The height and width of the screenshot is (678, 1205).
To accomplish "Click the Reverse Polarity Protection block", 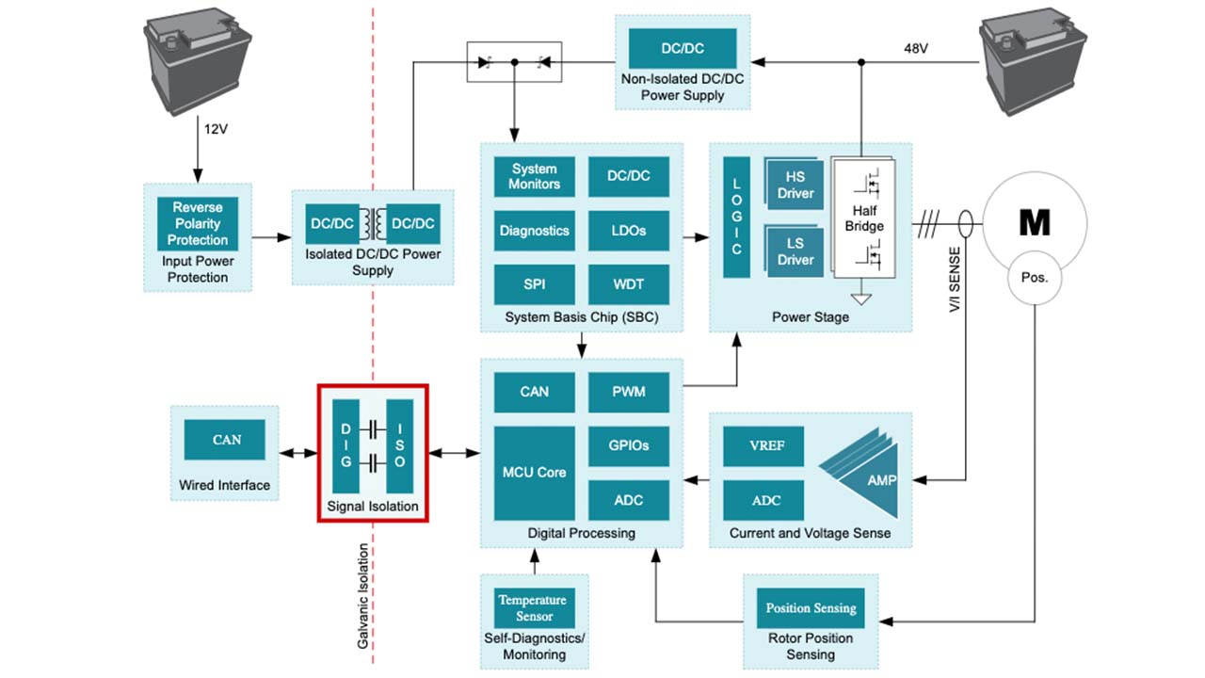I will [x=198, y=223].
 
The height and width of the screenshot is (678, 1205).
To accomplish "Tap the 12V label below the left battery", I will [x=217, y=128].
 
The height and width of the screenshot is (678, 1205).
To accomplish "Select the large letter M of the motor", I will [x=1035, y=223].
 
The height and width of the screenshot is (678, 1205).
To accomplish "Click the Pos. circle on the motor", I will [x=1035, y=279].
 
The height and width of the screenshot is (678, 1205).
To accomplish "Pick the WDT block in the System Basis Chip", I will [x=628, y=284].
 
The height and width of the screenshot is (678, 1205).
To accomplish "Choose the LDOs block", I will [x=628, y=231].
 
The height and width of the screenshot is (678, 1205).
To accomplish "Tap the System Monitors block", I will [x=534, y=177].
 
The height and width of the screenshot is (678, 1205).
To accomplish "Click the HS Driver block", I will [x=795, y=186].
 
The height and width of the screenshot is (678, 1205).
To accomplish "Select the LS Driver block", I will [x=795, y=252].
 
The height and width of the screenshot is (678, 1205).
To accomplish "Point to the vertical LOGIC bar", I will [x=736, y=218].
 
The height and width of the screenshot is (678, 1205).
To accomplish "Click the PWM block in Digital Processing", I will [x=628, y=392].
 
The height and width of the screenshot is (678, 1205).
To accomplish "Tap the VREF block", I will [x=764, y=446].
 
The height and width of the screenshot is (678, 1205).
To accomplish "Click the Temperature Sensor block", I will [x=534, y=607].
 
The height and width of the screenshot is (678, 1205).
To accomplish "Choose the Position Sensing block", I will [x=811, y=607].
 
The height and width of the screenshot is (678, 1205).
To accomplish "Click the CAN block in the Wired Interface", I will [x=226, y=440].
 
